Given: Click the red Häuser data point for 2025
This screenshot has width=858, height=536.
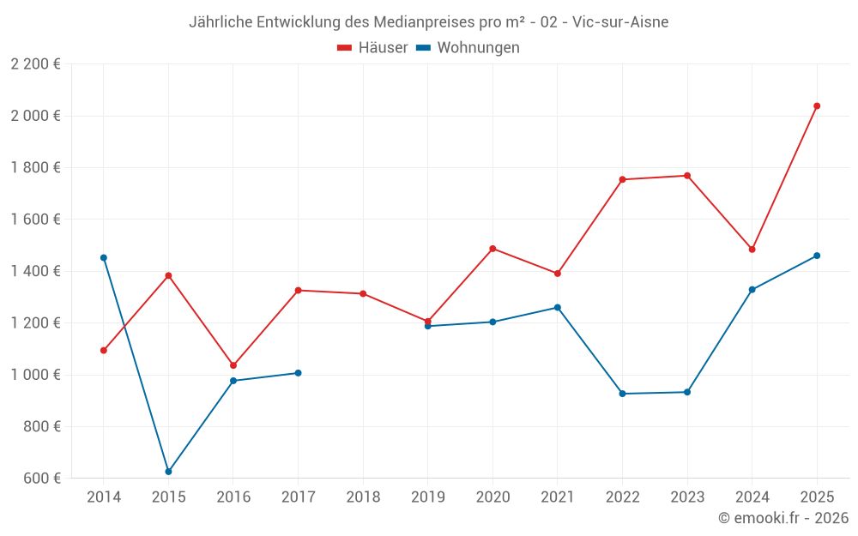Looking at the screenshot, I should point(817,106).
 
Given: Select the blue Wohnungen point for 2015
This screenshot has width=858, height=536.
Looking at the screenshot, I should point(168,472).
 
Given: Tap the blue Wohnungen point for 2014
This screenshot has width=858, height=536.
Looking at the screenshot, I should point(104,257).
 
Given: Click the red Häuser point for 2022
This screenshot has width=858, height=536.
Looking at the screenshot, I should point(622,179).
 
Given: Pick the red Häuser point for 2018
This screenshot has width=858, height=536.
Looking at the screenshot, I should point(363,293).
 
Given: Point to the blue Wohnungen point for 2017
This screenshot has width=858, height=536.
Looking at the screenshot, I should point(298,373).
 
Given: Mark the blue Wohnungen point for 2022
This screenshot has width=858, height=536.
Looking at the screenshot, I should point(622,394).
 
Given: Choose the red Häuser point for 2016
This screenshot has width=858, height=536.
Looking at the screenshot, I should point(233,365).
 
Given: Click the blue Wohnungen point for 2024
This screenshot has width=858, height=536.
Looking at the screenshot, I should point(752,290).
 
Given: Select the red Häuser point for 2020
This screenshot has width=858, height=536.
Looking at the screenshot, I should point(492,249).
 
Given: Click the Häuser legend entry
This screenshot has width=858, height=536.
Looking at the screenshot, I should point(372,48).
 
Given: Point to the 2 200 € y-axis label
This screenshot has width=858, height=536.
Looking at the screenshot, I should point(35,63).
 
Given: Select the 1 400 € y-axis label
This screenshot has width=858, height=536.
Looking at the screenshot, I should point(35,271).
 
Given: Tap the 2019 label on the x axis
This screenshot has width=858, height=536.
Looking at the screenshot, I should point(427,497).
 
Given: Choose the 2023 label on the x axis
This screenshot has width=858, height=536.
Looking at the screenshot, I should point(686,497).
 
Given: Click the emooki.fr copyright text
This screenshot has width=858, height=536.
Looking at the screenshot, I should point(782,518).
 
